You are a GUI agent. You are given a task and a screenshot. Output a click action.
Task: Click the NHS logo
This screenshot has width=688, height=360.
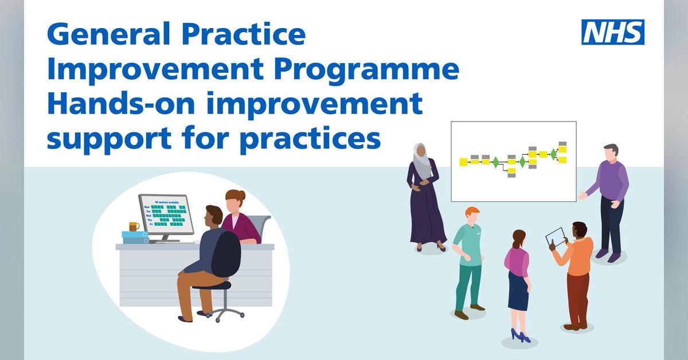(613, 32)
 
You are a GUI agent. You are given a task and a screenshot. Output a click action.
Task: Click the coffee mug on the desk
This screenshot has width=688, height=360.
(134, 226)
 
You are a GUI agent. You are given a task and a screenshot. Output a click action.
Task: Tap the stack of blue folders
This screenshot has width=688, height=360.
(135, 237)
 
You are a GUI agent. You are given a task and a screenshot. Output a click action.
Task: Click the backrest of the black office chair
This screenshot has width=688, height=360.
(225, 255)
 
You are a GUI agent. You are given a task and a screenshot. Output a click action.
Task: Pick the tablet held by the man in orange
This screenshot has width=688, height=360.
(555, 236)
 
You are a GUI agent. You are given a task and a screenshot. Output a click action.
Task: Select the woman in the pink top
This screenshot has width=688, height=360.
(517, 281)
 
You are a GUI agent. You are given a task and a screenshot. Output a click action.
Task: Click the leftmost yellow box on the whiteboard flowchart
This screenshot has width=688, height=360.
(463, 162)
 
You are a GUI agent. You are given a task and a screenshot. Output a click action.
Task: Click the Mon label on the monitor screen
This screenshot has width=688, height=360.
(147, 206)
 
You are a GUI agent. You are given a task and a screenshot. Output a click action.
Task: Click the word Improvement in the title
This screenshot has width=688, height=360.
(155, 71)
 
